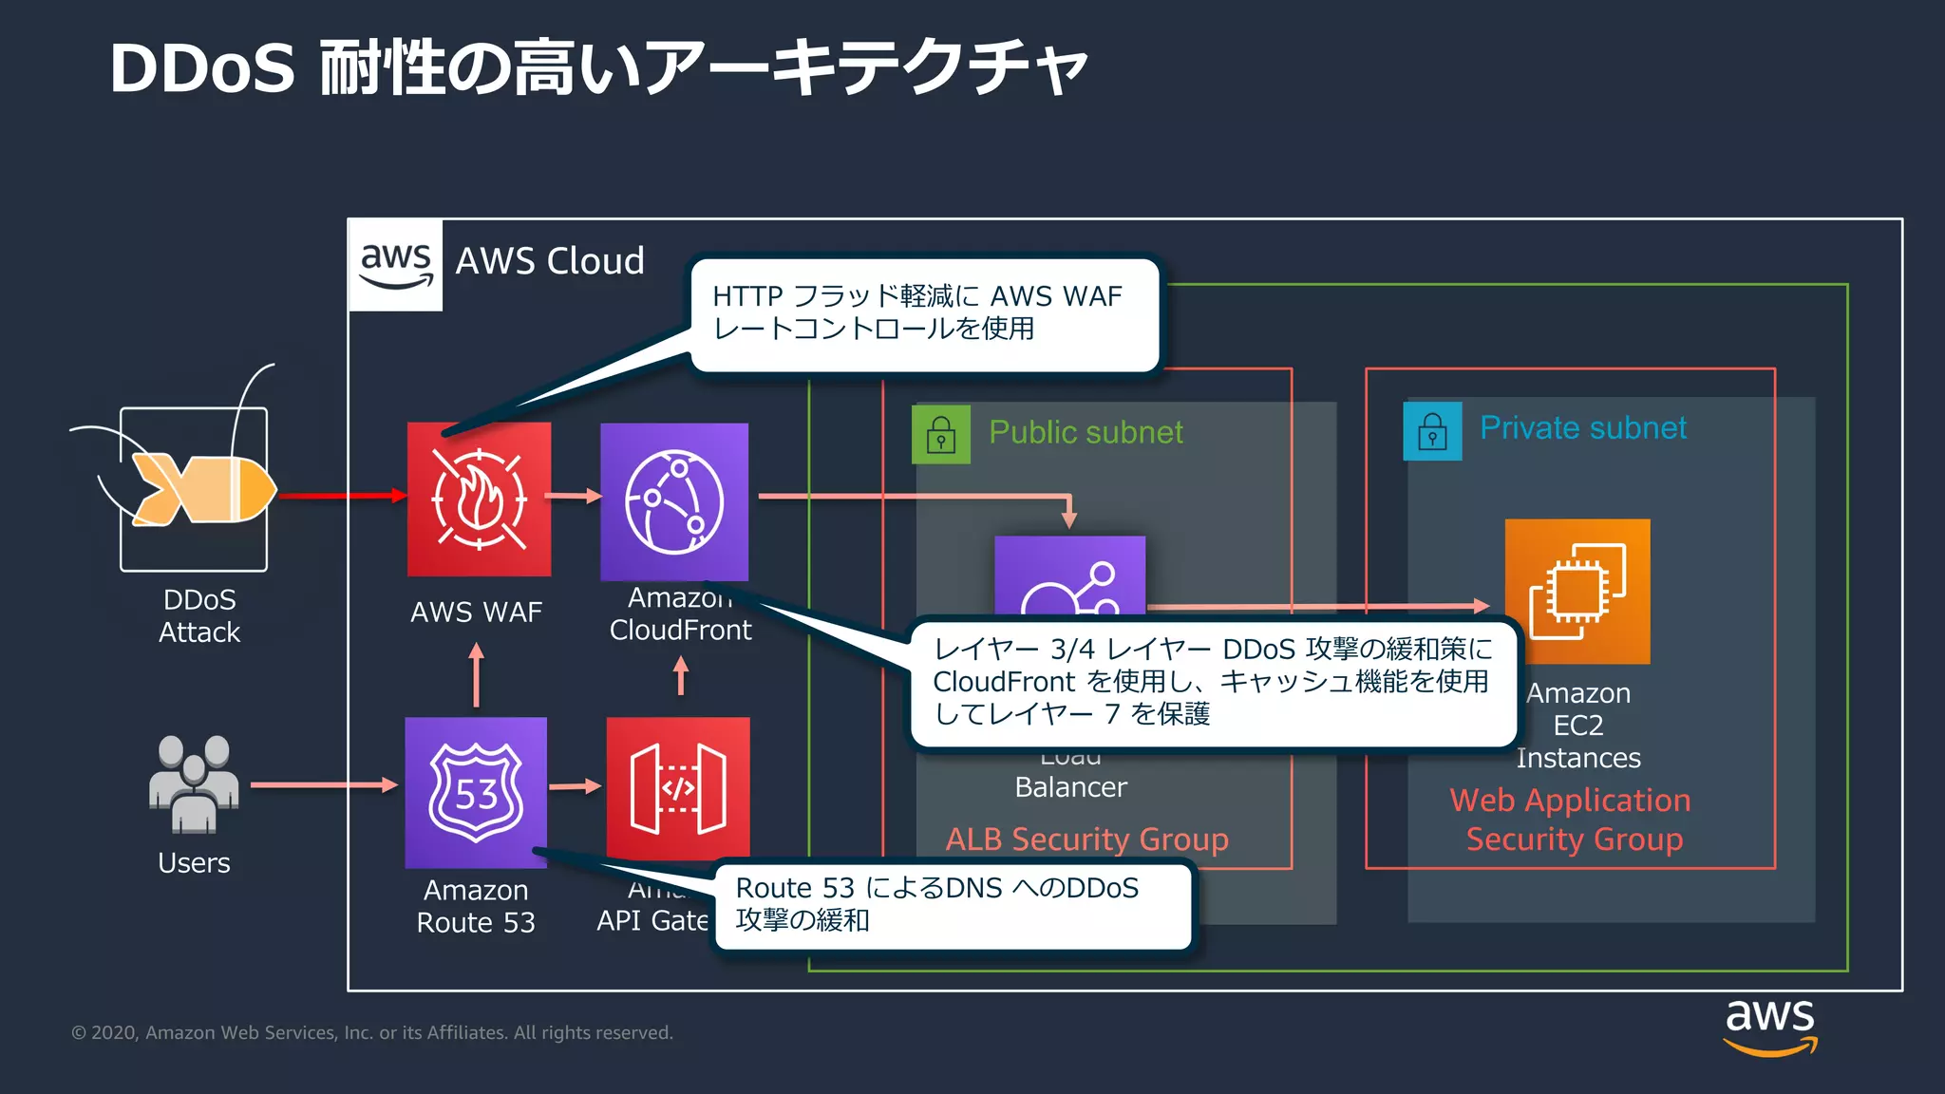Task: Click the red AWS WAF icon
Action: point(479,500)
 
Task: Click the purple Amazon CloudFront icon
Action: point(674,501)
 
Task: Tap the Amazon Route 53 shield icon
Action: point(476,792)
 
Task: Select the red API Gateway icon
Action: point(678,788)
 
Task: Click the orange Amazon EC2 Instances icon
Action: point(1577,591)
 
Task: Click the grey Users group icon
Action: point(194,784)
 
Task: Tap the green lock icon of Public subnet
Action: point(941,435)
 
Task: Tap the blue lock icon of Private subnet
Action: point(1432,431)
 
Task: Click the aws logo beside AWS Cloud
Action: point(396,265)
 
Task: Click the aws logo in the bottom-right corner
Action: point(1769,1027)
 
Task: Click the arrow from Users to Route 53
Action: point(323,784)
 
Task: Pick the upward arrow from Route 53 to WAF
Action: point(476,675)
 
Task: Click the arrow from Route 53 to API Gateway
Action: point(576,786)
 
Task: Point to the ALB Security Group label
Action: point(1086,839)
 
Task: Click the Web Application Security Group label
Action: point(1572,820)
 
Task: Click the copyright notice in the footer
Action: point(372,1032)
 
